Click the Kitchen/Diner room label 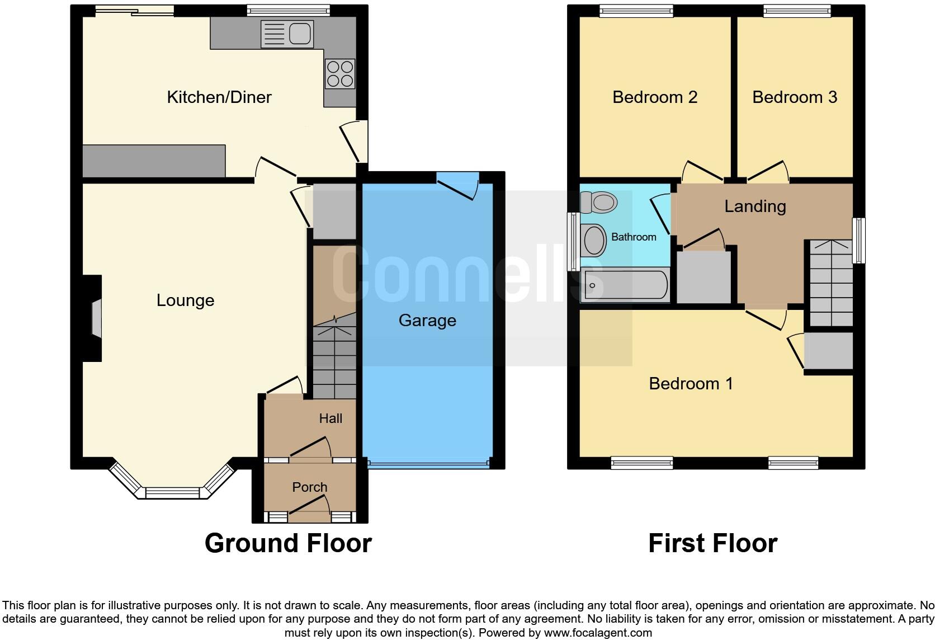[x=219, y=97]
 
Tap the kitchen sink [x=287, y=34]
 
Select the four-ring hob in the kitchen [x=340, y=74]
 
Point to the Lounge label [x=185, y=300]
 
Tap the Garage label [x=427, y=321]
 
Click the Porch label [x=309, y=487]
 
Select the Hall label [x=330, y=418]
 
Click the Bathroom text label [x=634, y=237]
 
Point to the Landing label [x=755, y=206]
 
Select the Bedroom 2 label [x=655, y=97]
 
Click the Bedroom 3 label [x=795, y=97]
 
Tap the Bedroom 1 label [x=691, y=384]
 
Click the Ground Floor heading [x=288, y=543]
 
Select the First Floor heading [x=712, y=543]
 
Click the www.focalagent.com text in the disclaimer [x=598, y=633]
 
